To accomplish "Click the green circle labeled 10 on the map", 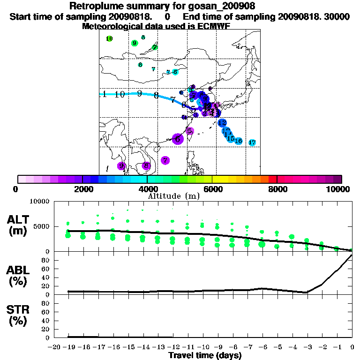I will click(109, 39).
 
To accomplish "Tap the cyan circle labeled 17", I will click(252, 142).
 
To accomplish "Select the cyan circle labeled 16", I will click(239, 141).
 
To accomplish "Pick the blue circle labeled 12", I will click(222, 123).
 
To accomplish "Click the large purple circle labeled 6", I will click(178, 139).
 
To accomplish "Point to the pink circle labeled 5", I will click(190, 131).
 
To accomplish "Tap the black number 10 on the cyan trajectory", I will click(120, 94).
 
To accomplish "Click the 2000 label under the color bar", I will click(82, 189).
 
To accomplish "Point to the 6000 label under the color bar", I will click(212, 189).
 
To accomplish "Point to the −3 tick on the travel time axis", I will click(306, 347).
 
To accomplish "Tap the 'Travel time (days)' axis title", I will click(205, 356).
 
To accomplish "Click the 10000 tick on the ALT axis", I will click(39, 202).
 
